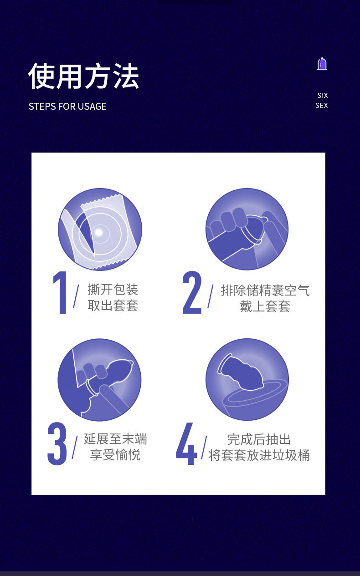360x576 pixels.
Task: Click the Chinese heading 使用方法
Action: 84,76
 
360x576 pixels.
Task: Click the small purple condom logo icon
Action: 322,63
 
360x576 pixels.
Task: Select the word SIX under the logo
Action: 323,96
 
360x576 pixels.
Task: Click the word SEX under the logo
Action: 322,106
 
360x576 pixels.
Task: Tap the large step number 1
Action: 60,293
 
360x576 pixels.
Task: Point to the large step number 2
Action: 192,292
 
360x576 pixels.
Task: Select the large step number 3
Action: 57,443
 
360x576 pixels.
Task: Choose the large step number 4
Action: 186,443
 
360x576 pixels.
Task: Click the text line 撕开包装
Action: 113,290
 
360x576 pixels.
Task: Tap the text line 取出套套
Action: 113,306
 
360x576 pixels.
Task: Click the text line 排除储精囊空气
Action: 265,291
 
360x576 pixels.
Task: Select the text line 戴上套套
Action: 265,306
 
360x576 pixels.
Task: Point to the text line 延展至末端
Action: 115,439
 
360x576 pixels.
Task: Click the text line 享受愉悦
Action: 115,454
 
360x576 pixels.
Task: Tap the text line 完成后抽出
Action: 259,439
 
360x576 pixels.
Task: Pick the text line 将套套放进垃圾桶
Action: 259,455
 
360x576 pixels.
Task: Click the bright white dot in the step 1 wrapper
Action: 99,233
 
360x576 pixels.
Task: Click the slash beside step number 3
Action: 75,448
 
